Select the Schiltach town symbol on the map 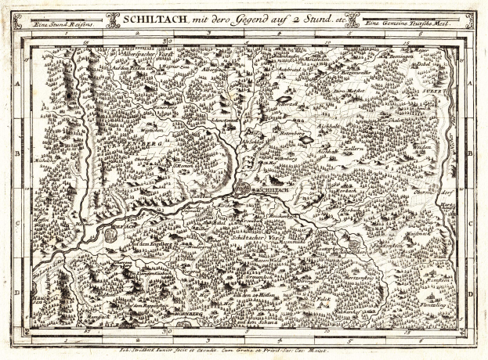[245, 189]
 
